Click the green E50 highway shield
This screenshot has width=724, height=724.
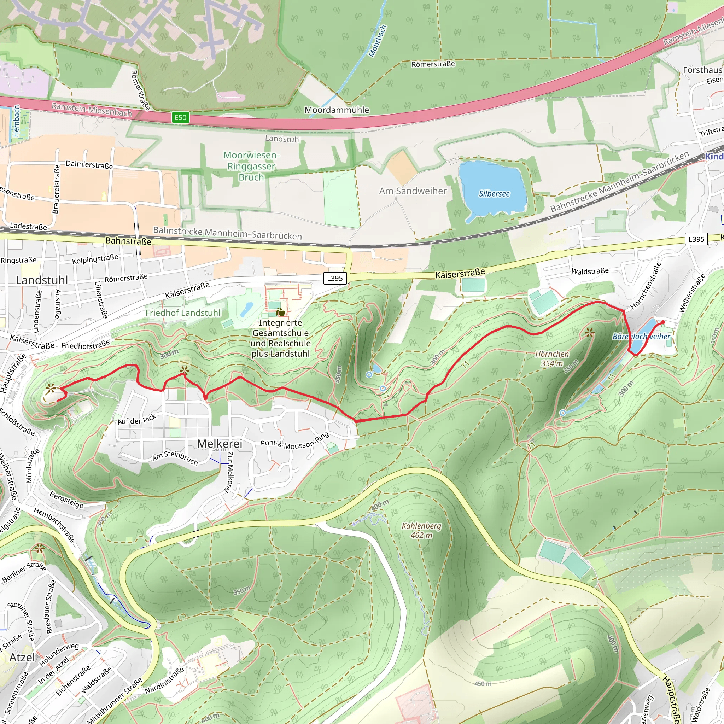[180, 117]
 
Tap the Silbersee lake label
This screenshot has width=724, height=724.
[494, 194]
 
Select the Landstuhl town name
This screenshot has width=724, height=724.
[42, 280]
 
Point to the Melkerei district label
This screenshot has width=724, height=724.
[220, 443]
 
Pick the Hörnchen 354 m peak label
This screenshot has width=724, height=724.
[551, 358]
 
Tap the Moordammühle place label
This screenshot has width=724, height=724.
[337, 110]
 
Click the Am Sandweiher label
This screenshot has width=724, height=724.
[413, 191]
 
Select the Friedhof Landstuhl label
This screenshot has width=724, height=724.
[183, 313]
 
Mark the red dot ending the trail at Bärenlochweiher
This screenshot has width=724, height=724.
[663, 322]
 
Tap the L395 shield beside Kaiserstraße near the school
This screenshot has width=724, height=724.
[335, 278]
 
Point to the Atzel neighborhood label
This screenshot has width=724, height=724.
[22, 657]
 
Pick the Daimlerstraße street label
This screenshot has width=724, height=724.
[89, 164]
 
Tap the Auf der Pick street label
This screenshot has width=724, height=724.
[137, 419]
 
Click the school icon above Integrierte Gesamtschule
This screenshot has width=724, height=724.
[280, 312]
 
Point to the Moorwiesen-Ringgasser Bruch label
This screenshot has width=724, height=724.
[251, 166]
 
